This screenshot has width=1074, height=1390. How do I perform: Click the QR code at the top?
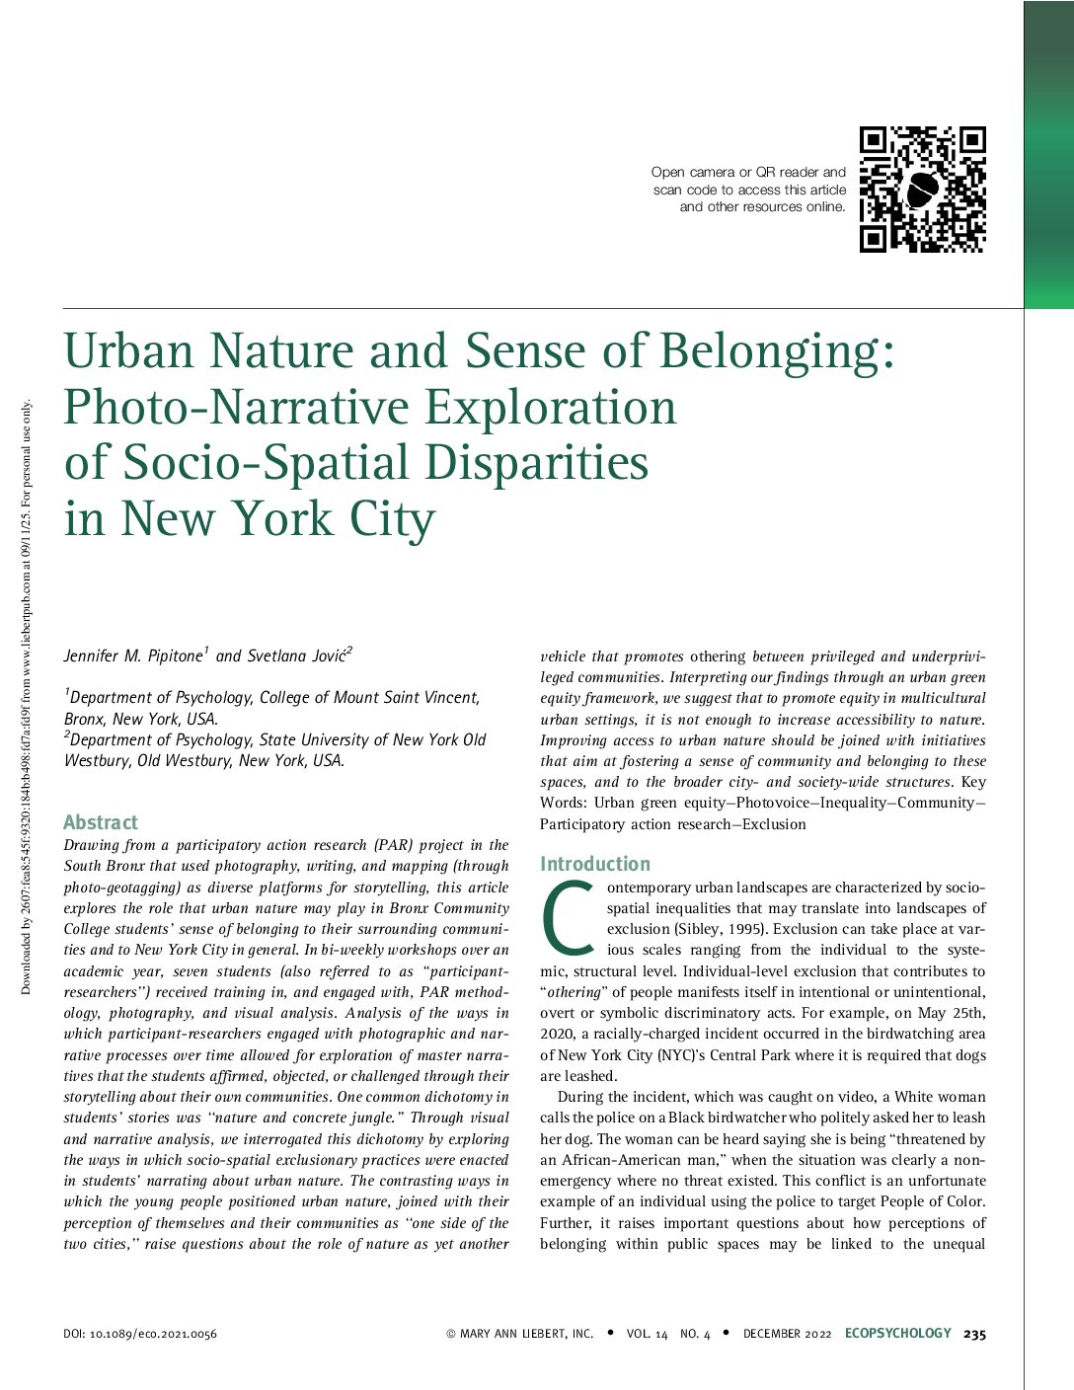pyautogui.click(x=922, y=189)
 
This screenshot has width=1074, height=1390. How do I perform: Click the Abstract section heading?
pyautogui.click(x=101, y=822)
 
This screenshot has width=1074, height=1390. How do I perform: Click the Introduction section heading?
pyautogui.click(x=595, y=864)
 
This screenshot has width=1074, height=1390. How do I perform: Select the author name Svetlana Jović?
pyautogui.click(x=299, y=656)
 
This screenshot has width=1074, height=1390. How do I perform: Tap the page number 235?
pyautogui.click(x=974, y=1334)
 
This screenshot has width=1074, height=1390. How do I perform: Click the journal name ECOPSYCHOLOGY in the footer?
pyautogui.click(x=898, y=1334)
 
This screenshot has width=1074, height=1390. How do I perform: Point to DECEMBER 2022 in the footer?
pyautogui.click(x=787, y=1334)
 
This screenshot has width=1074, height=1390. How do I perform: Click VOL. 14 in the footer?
pyautogui.click(x=647, y=1334)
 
